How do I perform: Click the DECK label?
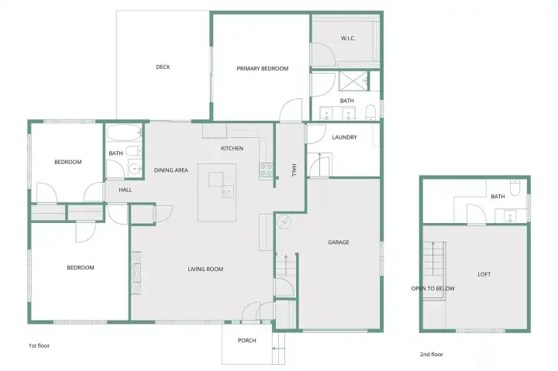[x=163, y=67]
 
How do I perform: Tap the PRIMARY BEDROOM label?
[x=263, y=69]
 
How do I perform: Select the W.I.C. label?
[x=348, y=39]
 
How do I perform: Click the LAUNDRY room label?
[x=344, y=137]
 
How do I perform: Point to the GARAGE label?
[x=339, y=242]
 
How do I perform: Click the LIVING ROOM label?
[x=205, y=270]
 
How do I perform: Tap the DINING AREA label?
[x=171, y=170]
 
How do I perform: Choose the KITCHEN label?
[x=232, y=149]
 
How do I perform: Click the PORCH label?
[x=247, y=341]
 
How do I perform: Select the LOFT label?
[x=484, y=274]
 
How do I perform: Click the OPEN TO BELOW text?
[x=433, y=288]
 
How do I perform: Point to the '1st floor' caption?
[x=40, y=345]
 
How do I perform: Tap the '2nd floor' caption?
[x=432, y=354]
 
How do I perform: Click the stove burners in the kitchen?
[x=266, y=170]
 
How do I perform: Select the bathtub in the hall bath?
[x=124, y=132]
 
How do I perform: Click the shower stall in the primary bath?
[x=353, y=81]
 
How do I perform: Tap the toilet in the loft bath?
[x=515, y=187]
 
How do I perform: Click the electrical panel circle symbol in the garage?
[x=284, y=222]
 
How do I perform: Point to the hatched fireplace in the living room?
[x=136, y=273]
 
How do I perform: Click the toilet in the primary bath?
[x=370, y=112]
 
